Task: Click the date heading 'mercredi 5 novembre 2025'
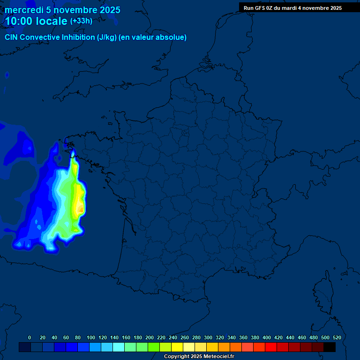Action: [x=62, y=10]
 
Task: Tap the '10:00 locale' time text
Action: [x=36, y=21]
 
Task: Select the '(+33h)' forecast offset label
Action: [x=81, y=21]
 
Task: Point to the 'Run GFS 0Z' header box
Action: [x=292, y=8]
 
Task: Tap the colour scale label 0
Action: [x=30, y=337]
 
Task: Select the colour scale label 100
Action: [x=91, y=337]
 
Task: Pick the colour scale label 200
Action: [x=150, y=337]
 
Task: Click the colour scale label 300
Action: [x=208, y=337]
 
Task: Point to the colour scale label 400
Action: [x=267, y=337]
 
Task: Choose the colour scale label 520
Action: [x=337, y=337]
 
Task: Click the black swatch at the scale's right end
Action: [x=330, y=347]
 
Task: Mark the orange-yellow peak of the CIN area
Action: [x=80, y=206]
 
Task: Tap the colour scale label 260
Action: [x=185, y=337]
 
